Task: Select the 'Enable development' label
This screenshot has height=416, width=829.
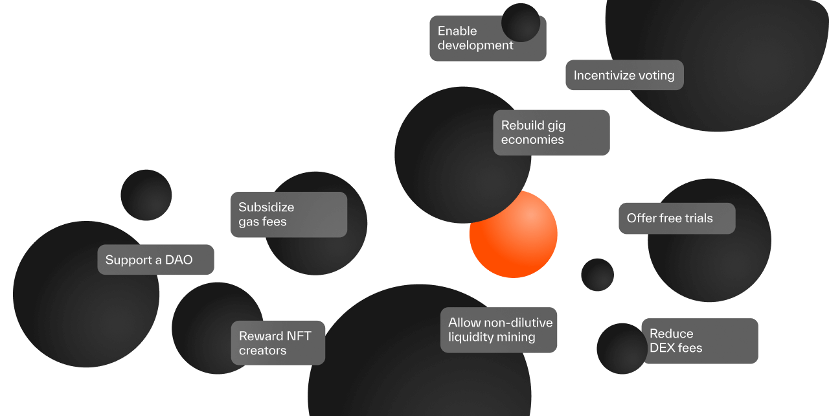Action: pyautogui.click(x=476, y=38)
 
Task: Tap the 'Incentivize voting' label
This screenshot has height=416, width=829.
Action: pyautogui.click(x=624, y=75)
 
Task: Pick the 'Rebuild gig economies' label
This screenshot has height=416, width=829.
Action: pyautogui.click(x=551, y=132)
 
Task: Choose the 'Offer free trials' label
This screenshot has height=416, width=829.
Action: pyautogui.click(x=677, y=218)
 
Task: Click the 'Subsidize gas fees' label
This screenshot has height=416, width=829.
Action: pyautogui.click(x=288, y=214)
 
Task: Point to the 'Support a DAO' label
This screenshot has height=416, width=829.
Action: pyautogui.click(x=155, y=260)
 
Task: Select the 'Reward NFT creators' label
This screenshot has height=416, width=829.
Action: pyautogui.click(x=278, y=343)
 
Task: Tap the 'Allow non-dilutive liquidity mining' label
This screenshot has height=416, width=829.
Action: pyautogui.click(x=499, y=330)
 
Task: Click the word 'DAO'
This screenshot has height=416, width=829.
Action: pyautogui.click(x=179, y=260)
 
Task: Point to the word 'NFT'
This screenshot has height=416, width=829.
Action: pyautogui.click(x=299, y=336)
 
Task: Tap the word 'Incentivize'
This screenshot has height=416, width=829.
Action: pyautogui.click(x=604, y=75)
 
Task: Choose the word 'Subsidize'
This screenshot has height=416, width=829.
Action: pyautogui.click(x=266, y=207)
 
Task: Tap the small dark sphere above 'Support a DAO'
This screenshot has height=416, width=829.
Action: pyautogui.click(x=146, y=194)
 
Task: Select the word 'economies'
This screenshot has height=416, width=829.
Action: pyautogui.click(x=532, y=140)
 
